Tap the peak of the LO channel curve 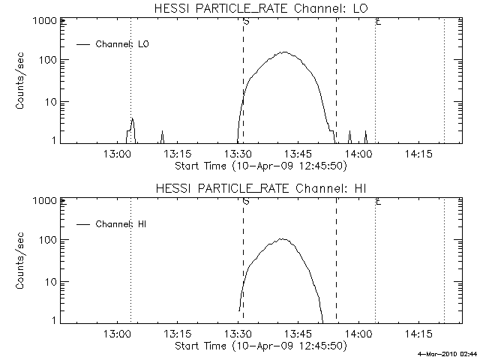point(284,52)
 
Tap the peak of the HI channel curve point(283,239)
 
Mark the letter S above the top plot point(246,21)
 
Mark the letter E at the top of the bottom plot point(378,201)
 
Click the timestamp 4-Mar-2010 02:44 point(447,353)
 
